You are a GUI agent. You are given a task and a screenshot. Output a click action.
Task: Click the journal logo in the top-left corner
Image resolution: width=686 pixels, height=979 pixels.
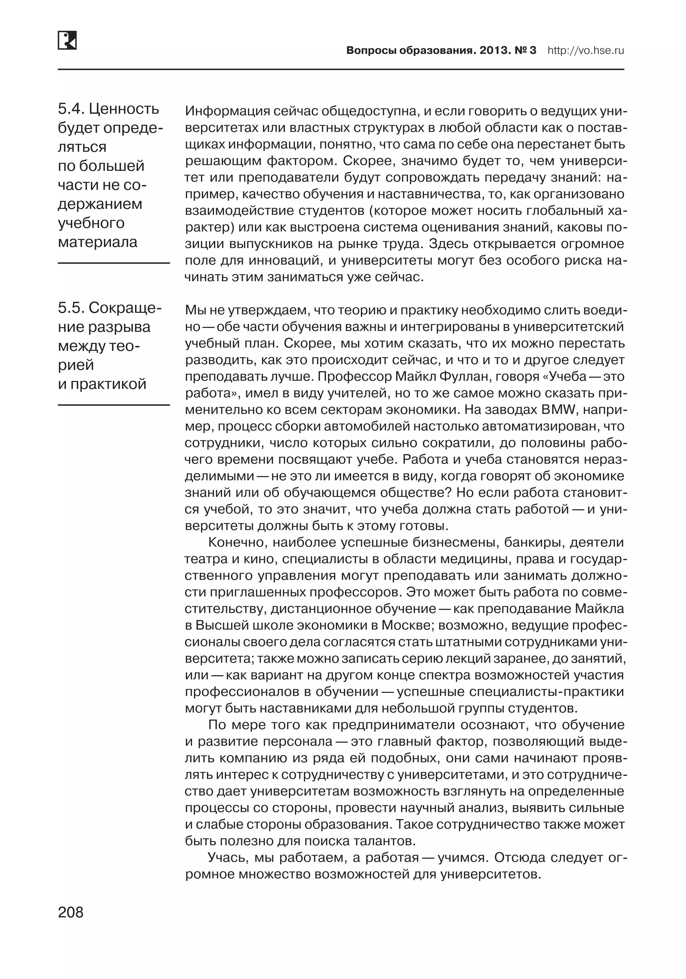pos(67,41)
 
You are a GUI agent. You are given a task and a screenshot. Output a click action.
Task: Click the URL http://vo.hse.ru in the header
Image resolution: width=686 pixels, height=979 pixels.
pos(586,51)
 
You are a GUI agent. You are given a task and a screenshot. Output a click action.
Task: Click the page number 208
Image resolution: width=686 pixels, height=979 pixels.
pos(71,912)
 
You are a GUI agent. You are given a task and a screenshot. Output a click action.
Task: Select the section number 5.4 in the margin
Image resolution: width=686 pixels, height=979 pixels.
pos(70,109)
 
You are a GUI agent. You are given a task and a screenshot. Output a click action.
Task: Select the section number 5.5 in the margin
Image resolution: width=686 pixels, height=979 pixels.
pos(70,308)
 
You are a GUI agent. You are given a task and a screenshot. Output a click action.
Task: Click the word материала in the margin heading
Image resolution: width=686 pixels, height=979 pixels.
pos(97,242)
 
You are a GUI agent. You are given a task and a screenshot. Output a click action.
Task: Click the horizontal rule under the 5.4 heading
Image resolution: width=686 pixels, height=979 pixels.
pos(114,263)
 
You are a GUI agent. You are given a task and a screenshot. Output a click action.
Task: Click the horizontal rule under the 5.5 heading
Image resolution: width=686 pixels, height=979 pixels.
pos(114,405)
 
